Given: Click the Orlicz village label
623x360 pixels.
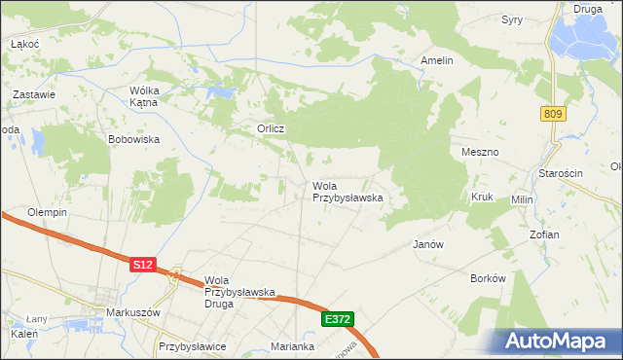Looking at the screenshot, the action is tap(270, 128).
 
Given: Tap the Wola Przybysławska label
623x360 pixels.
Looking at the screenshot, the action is tap(347, 191).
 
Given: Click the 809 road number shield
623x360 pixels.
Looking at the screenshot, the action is tap(554, 115).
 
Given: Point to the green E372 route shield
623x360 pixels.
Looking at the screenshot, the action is tap(337, 319).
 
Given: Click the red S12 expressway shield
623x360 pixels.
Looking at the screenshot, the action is tap(143, 264).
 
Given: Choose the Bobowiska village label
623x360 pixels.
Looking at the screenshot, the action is tap(133, 139).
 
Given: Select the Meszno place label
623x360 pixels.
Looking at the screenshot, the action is tap(479, 153).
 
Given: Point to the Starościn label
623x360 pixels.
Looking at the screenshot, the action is tap(561, 172).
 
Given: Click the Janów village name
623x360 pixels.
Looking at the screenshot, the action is tap(428, 244).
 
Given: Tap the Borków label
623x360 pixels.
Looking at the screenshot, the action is tap(488, 277).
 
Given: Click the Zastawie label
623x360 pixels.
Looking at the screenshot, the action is tap(33, 94).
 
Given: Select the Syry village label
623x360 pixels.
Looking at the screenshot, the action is tap(512, 19).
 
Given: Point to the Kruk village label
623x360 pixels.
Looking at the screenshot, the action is tap(483, 197).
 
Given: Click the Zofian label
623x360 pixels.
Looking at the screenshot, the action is tap(571, 235).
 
